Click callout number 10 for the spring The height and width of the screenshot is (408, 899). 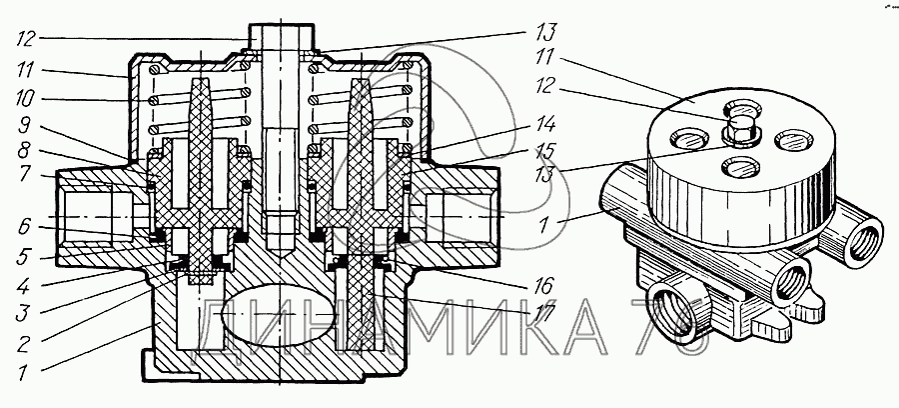pyautogui.click(x=25, y=98)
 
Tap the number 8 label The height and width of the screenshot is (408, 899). pyautogui.click(x=24, y=151)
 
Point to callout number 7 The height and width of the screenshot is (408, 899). pyautogui.click(x=24, y=174)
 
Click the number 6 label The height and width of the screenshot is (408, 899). pyautogui.click(x=24, y=227)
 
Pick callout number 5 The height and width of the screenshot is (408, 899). pyautogui.click(x=24, y=258)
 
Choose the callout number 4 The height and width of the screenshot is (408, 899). pyautogui.click(x=24, y=285)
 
